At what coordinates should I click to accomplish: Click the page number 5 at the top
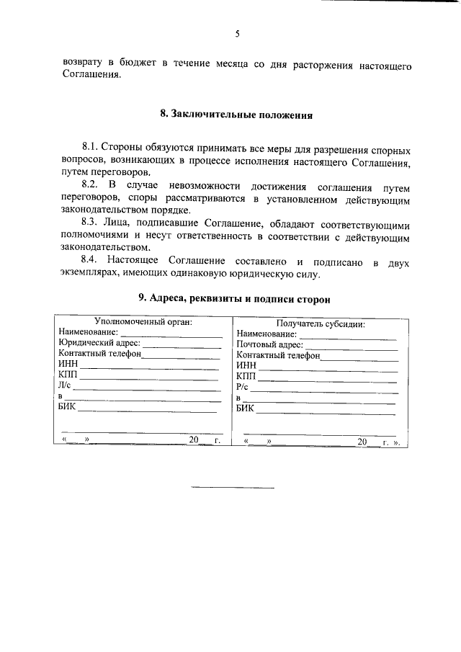point(236,34)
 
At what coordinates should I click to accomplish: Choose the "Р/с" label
point(243,387)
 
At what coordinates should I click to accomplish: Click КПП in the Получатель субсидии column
point(246,376)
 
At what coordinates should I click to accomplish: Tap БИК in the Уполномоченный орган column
point(67,407)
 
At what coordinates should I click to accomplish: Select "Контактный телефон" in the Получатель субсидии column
point(278,355)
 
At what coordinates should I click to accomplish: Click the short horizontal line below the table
point(233,489)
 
